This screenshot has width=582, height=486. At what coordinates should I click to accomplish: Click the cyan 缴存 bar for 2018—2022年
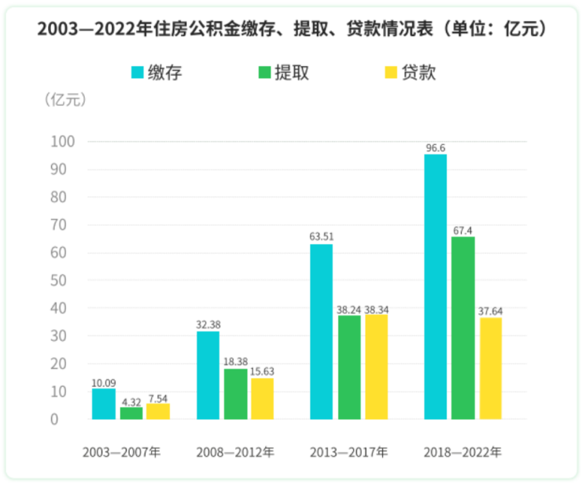(435, 287)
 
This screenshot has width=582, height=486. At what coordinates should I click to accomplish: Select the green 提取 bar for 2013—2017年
(349, 367)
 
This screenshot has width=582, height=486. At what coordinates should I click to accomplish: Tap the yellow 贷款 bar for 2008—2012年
(262, 399)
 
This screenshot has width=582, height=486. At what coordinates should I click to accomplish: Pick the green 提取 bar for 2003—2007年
(131, 413)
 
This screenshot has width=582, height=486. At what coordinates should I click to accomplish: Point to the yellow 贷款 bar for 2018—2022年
(490, 369)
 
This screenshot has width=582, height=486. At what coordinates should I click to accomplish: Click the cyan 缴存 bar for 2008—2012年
(208, 375)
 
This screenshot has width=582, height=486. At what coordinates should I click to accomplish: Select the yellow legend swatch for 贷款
(390, 73)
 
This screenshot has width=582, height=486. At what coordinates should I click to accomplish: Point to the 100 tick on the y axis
(59, 142)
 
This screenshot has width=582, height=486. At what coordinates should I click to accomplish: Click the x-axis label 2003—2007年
(121, 453)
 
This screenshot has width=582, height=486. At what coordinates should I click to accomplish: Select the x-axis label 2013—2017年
(348, 453)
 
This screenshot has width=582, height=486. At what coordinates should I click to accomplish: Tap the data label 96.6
(435, 147)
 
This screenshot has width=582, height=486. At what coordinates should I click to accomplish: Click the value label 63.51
(321, 236)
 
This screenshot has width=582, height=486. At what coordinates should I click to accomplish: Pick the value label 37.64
(490, 310)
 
